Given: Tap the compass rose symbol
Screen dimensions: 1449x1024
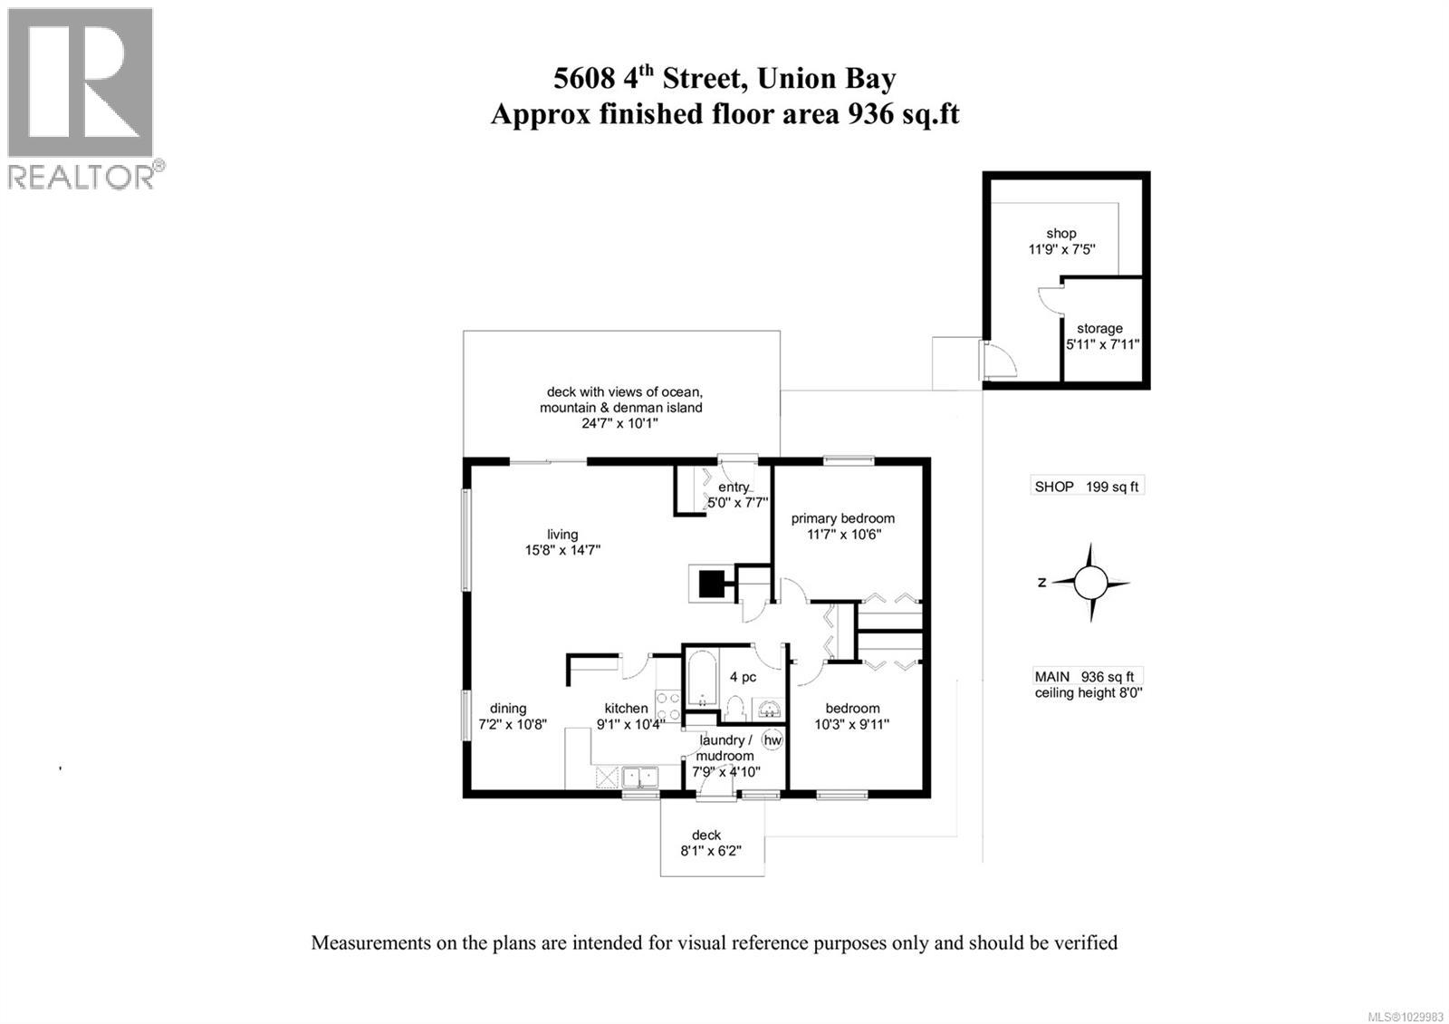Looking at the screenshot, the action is click(1090, 583).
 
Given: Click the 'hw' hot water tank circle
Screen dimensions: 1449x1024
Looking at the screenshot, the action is click(772, 740).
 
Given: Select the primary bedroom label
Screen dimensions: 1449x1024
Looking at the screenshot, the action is click(843, 518).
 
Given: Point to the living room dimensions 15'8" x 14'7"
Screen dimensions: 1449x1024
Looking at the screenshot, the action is click(562, 550).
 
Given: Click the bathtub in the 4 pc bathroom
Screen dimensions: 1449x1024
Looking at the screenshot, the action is click(702, 678).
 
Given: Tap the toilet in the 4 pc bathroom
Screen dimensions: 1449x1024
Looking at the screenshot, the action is click(734, 708).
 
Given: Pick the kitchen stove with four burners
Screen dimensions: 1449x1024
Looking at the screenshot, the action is click(668, 706).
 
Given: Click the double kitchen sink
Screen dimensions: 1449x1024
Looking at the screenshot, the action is click(639, 777).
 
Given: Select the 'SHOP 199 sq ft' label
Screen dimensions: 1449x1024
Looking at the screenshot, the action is click(1087, 487).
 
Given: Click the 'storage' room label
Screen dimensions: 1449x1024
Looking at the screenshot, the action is click(1099, 329).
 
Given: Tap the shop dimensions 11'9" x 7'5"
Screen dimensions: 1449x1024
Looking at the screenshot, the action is click(1062, 249).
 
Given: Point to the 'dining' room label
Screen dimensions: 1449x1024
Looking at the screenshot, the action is click(508, 709).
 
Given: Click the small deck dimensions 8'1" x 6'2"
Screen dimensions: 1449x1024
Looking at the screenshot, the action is click(711, 851).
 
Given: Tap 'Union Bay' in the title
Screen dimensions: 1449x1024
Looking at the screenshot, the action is click(826, 79).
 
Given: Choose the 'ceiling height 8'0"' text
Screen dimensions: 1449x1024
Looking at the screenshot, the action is click(1089, 693).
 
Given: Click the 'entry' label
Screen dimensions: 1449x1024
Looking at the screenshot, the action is click(734, 487).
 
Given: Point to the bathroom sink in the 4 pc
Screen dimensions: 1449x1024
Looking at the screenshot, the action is click(769, 708).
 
